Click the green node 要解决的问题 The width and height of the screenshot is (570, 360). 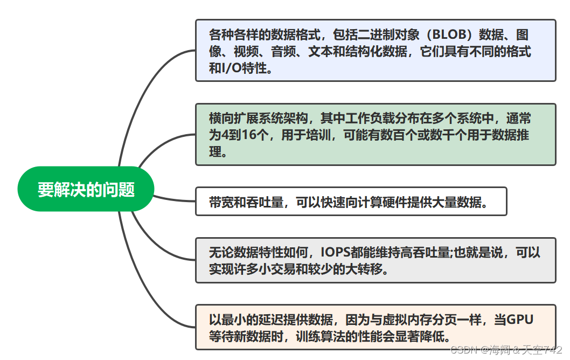tap(86, 190)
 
